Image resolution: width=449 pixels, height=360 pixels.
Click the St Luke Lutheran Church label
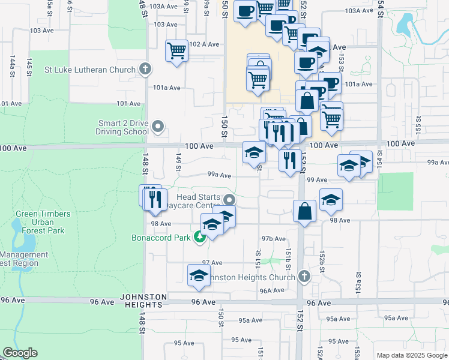[90, 70]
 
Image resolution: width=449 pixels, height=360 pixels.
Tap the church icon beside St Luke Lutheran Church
[145, 69]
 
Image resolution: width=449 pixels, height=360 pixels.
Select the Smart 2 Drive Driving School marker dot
[158, 127]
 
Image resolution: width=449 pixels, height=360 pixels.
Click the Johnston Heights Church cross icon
[304, 277]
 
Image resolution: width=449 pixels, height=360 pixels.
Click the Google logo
[20, 353]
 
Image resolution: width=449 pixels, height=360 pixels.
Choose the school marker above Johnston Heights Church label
[199, 275]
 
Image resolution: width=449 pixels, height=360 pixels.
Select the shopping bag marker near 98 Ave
[304, 211]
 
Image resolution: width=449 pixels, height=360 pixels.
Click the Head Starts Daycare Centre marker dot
[228, 200]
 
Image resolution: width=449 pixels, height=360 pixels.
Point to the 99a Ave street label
[220, 175]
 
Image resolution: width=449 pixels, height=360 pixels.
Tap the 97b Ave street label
[273, 239]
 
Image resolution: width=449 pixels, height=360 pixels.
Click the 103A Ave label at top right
[360, 11]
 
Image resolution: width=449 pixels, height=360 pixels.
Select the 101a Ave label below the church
[167, 88]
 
